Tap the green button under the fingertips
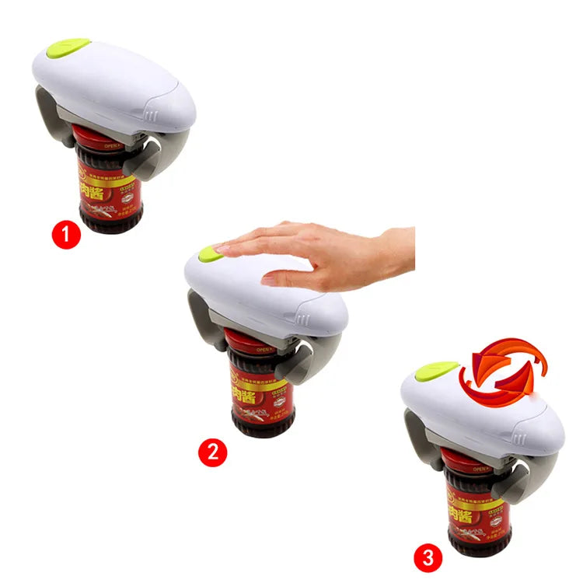click(x=208, y=252)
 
